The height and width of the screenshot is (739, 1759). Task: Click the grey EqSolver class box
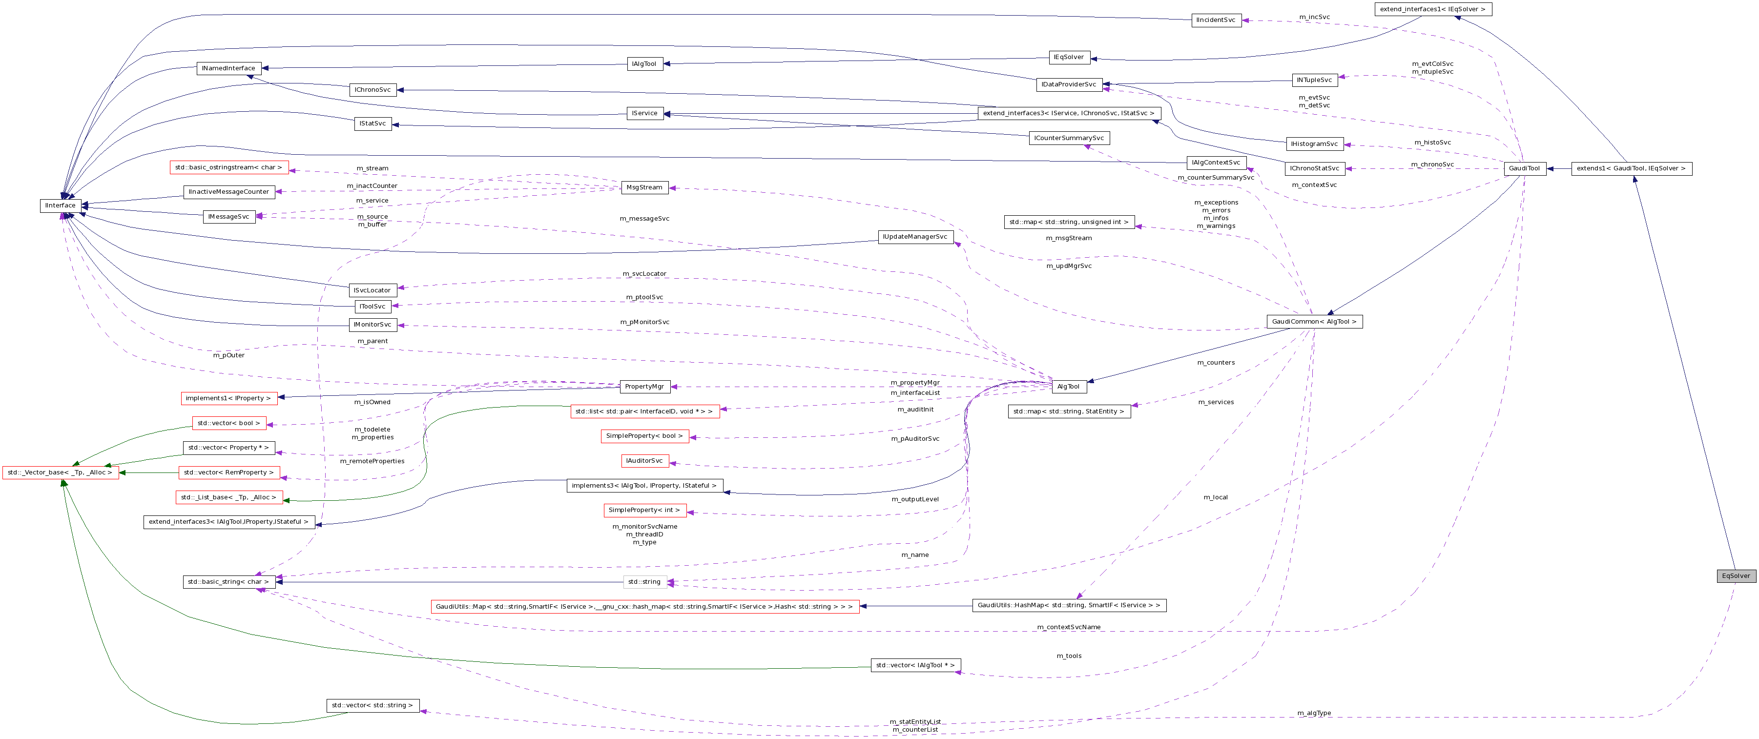click(1736, 576)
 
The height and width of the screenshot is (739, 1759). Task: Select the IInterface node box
click(60, 205)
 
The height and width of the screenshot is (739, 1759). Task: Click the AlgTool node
click(1068, 387)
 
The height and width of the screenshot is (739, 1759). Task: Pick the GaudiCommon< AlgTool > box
click(1314, 322)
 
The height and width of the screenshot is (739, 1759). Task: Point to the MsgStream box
click(644, 187)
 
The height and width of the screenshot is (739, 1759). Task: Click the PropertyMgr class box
click(644, 387)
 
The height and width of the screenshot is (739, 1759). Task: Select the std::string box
click(644, 582)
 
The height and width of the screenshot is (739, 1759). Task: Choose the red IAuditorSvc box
click(644, 461)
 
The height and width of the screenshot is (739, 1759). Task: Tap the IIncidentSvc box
click(1216, 21)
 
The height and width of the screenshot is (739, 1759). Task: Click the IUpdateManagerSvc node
click(914, 237)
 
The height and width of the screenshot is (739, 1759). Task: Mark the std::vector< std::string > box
click(372, 705)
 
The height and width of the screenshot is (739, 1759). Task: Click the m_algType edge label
click(1314, 713)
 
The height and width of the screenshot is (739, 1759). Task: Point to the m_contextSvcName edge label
click(1069, 627)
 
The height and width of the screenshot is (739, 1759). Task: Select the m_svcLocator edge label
click(644, 274)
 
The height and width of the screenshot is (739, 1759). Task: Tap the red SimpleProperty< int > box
click(644, 510)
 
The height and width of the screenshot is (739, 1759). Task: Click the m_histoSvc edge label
click(1432, 143)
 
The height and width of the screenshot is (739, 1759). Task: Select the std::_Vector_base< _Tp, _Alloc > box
click(60, 472)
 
